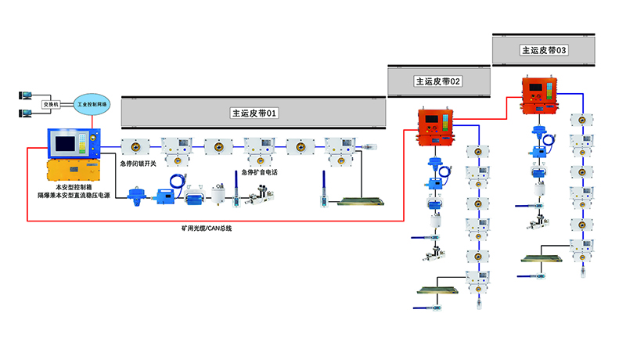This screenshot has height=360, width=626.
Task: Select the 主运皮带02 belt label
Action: pos(438,81)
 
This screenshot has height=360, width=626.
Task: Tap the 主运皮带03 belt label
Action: pos(544,49)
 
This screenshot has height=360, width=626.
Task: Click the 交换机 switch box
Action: pos(50,104)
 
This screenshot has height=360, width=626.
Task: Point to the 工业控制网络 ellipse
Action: pos(93,103)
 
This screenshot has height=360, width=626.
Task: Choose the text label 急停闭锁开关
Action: pos(139,164)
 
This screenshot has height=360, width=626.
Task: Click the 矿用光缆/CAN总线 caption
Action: pos(207,229)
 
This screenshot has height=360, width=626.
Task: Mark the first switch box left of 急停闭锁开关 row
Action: pos(133,146)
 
